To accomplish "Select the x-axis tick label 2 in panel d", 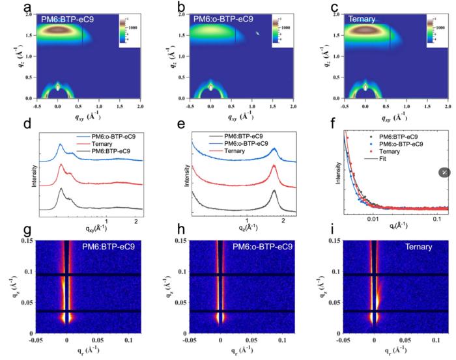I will [134, 222].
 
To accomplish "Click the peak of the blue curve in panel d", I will [61, 145].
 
